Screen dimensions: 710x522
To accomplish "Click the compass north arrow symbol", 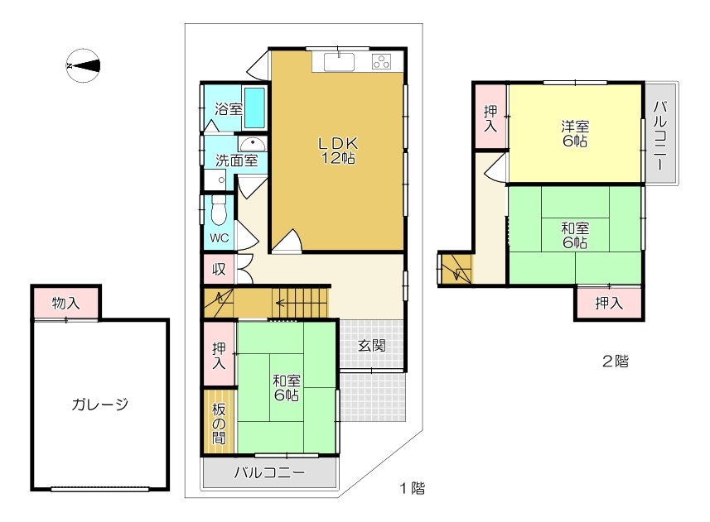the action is coord(83,66).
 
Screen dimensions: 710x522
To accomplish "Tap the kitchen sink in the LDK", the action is coord(339,62).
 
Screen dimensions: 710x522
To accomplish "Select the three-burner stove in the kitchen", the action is coord(381,61).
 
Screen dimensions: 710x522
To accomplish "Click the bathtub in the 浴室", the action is coord(254,108).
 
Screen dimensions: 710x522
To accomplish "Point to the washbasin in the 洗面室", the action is coord(252,145).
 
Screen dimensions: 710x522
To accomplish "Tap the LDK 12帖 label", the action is coord(338,151).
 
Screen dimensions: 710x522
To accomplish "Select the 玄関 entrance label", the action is coord(372,346).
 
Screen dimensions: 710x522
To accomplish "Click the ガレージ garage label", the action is coord(99,404).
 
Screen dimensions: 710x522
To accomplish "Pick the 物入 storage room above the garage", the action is coord(66,303).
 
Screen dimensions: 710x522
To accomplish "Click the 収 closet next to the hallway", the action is coord(219,270).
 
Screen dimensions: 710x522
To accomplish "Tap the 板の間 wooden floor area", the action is coord(220,421).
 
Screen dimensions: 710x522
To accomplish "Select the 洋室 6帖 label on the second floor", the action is coord(575,133).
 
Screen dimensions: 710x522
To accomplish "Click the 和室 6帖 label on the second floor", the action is coord(575,235).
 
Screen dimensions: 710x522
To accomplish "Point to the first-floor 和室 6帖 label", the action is coord(286,388).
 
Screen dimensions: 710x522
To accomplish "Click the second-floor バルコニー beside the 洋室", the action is coord(661,133).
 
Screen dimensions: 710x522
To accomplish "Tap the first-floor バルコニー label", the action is coord(270,472).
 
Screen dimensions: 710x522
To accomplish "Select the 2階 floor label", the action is coord(616,362).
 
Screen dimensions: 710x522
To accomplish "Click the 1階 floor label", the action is coord(412,488).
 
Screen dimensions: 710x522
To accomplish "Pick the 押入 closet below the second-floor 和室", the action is coord(609,303).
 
